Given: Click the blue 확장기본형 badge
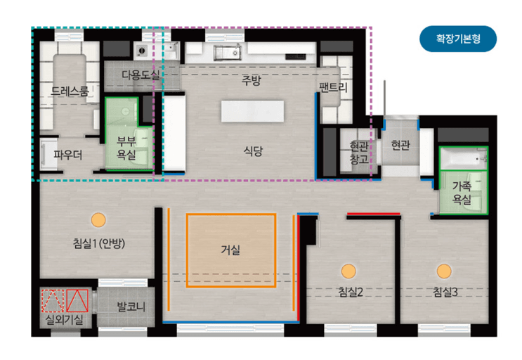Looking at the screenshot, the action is (458, 39).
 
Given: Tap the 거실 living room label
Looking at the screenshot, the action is (230, 250).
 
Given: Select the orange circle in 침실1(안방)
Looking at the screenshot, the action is (98, 220).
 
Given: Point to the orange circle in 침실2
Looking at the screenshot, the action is (348, 271).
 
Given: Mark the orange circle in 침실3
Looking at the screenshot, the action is (444, 271).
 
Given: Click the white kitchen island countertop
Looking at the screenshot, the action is (252, 111).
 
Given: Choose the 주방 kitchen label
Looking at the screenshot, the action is (252, 80).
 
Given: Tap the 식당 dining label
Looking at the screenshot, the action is (253, 151).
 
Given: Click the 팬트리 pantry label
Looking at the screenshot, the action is (333, 88).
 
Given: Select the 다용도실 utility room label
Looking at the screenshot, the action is (141, 75).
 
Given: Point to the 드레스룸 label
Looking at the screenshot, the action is (70, 91).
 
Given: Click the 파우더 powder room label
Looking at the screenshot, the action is (68, 155).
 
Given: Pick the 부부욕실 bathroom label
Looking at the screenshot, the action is (126, 148).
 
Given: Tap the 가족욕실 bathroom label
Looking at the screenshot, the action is (462, 193).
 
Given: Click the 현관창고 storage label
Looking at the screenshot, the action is (359, 153).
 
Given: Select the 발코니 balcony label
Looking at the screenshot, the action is (131, 307).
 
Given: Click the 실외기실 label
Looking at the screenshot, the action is (64, 320).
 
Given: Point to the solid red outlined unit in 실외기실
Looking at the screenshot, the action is (77, 301).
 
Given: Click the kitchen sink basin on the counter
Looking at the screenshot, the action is (228, 53).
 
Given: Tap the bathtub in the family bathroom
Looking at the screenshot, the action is (463, 158).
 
